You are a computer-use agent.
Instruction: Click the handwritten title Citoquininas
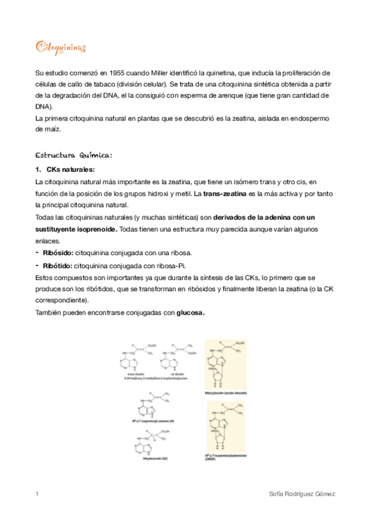click(x=61, y=48)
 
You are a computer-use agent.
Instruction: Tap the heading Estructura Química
click(x=75, y=154)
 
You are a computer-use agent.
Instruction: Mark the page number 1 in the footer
click(x=38, y=495)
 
